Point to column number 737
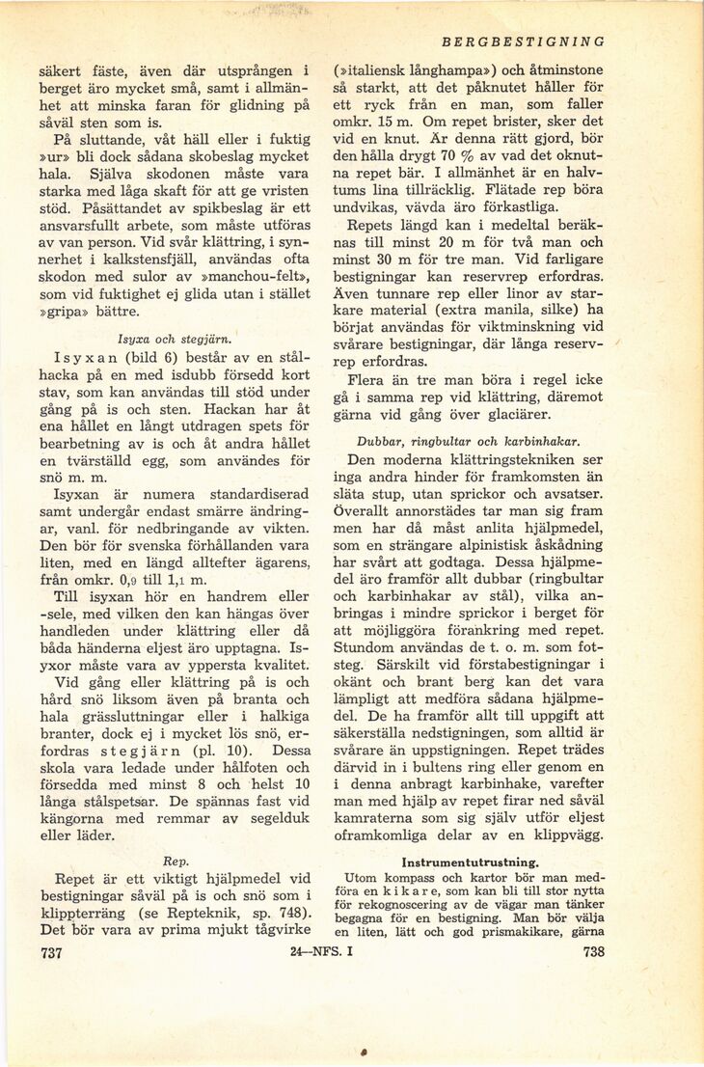click(x=47, y=953)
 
